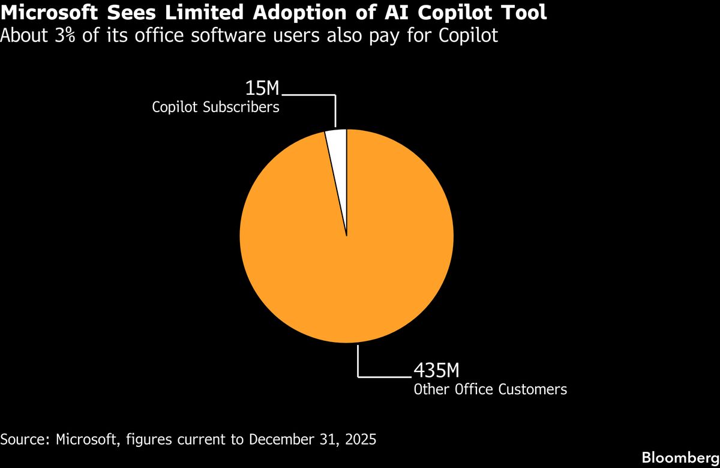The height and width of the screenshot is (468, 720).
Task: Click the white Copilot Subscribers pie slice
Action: [x=338, y=144]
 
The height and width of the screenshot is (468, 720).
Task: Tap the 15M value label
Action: [x=263, y=88]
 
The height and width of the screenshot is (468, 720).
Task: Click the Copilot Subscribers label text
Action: [x=215, y=108]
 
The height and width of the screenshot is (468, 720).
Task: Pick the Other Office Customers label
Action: [x=490, y=389]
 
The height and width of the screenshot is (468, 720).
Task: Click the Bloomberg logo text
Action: [x=680, y=457]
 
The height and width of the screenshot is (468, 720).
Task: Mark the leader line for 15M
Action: [x=334, y=108]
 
